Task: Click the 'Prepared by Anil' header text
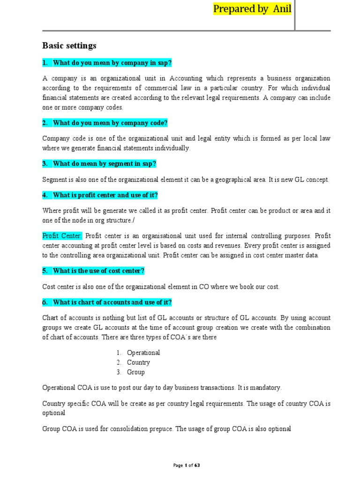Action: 252,8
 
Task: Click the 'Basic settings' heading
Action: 69,45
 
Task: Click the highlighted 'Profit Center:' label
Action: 62,235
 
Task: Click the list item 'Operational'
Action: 143,352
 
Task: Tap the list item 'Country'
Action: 138,362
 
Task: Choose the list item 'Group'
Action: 136,372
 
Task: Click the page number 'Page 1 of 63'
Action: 187,465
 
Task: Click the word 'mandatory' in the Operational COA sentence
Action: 266,388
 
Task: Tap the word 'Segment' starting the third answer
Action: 55,180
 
